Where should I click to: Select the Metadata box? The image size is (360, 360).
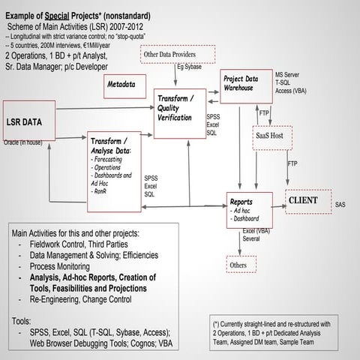120,85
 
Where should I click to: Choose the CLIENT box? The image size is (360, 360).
309,201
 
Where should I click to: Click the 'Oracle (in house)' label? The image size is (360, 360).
27,141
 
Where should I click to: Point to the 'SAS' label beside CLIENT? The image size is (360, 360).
340,204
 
